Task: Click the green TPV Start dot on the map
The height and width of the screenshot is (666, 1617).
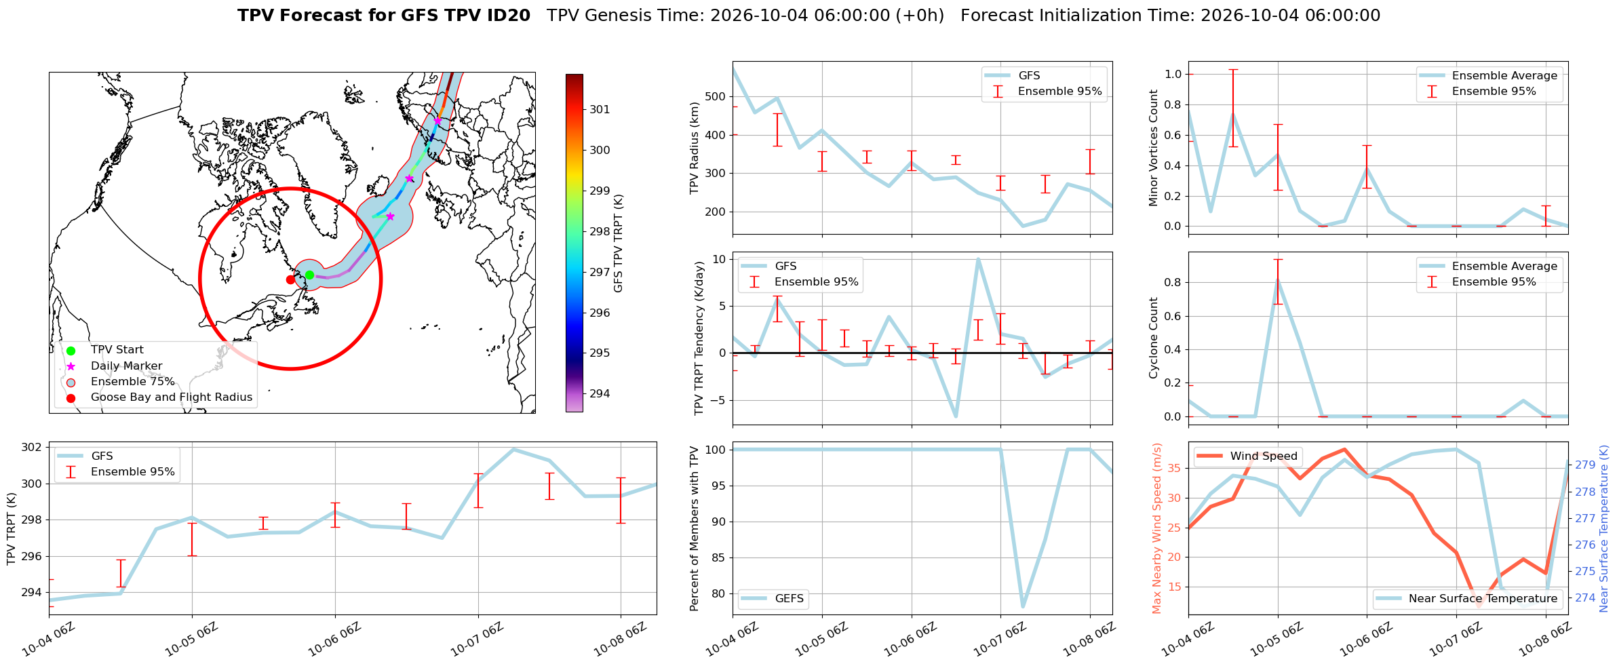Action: click(309, 275)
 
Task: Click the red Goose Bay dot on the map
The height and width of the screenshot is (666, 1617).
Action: click(290, 279)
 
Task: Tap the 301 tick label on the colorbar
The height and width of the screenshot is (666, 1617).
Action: click(600, 109)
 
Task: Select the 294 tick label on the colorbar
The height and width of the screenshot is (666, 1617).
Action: click(600, 393)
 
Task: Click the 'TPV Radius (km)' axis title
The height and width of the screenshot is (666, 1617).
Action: click(694, 148)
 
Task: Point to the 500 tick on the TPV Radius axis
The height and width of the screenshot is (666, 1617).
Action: click(716, 96)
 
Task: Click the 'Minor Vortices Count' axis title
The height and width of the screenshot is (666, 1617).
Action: click(1153, 148)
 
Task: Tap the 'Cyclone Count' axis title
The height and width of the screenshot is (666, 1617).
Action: click(1153, 338)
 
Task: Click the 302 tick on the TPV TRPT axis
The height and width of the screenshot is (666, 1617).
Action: click(33, 448)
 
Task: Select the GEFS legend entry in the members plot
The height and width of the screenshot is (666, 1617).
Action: click(773, 598)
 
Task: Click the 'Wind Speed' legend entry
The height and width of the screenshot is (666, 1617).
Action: click(1247, 456)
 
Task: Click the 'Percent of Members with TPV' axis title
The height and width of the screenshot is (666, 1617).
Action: click(694, 528)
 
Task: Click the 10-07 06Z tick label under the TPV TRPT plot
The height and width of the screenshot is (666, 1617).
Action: click(476, 639)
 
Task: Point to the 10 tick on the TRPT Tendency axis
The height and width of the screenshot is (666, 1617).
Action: click(719, 259)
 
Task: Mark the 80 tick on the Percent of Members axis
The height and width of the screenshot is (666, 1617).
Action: click(719, 593)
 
